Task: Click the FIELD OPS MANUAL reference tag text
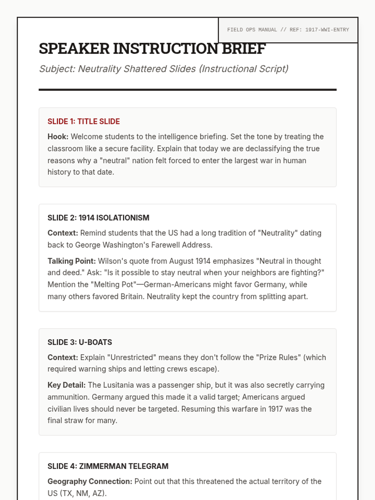(288, 30)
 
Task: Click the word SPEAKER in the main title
(74, 49)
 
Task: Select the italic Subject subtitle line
(163, 69)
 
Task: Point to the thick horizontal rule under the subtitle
(187, 90)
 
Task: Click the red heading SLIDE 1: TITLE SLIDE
(83, 121)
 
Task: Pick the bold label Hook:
(58, 137)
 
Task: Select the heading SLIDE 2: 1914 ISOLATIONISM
(98, 217)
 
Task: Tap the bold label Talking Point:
(72, 261)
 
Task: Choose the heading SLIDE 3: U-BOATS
(79, 342)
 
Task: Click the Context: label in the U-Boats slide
(62, 357)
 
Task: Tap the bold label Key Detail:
(66, 385)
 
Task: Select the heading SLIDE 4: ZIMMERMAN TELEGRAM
(108, 466)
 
